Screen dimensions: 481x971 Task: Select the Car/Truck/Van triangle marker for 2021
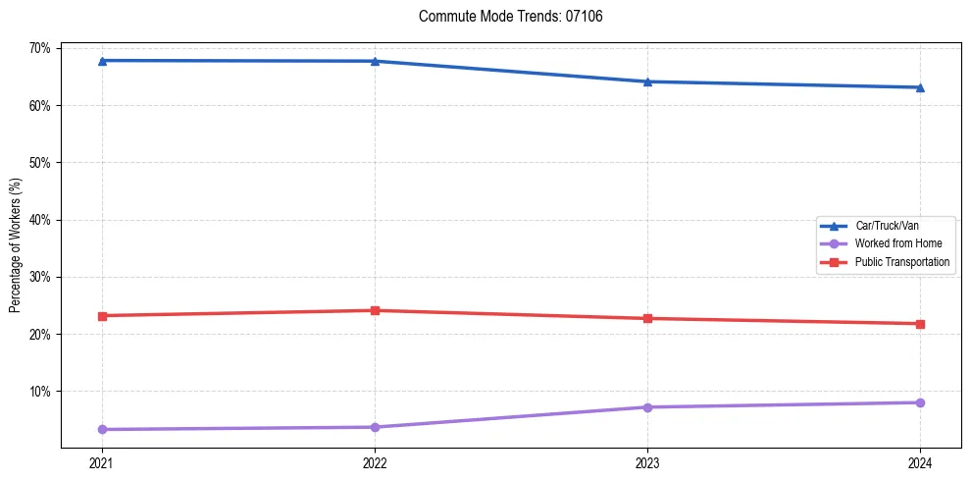[102, 61]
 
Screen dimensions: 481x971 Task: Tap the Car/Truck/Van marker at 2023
[647, 81]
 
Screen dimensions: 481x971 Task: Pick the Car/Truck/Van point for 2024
[920, 87]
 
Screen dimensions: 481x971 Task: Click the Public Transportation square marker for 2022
[375, 310]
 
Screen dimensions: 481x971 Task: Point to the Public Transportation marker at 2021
[102, 316]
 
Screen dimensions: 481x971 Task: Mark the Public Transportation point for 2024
[920, 324]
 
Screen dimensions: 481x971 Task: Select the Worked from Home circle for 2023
[647, 407]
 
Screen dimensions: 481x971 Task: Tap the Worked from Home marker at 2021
[102, 429]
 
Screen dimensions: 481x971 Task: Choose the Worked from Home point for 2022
[375, 427]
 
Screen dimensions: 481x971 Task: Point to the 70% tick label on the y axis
[42, 48]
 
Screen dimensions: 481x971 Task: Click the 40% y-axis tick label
[42, 220]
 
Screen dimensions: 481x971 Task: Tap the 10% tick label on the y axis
[42, 392]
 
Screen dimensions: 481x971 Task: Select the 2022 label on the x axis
[375, 461]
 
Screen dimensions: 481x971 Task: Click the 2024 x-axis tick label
[920, 461]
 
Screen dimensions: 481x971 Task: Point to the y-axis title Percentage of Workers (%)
[15, 245]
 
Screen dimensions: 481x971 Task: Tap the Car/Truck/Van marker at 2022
[375, 61]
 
